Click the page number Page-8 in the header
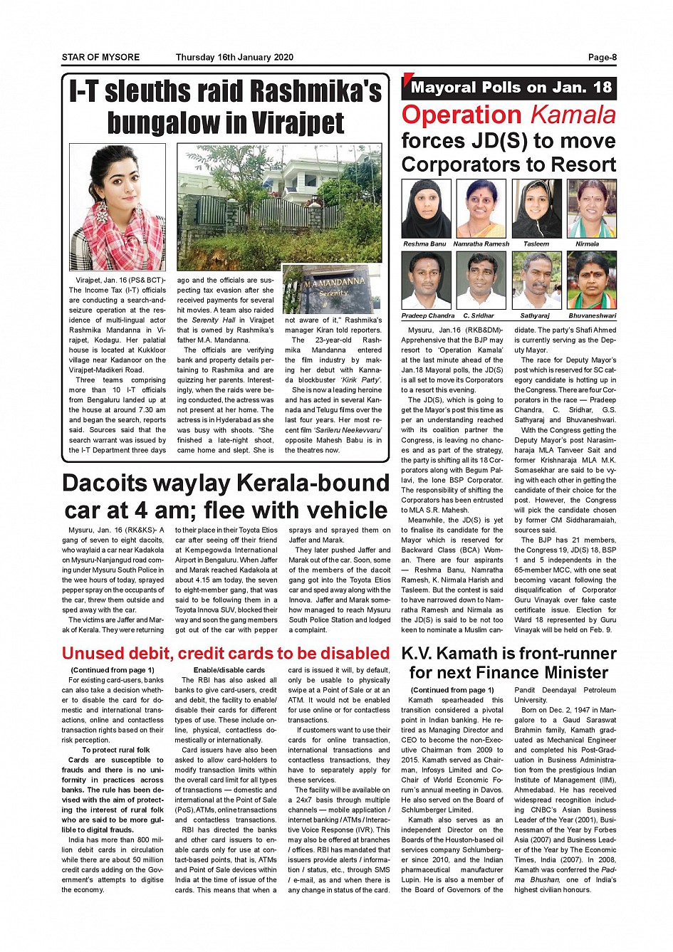(x=602, y=58)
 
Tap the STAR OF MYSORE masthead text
(x=100, y=58)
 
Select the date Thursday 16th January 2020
(x=234, y=58)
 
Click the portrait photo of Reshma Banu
(x=426, y=209)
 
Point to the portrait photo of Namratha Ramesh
(x=481, y=209)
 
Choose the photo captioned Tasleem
(x=536, y=209)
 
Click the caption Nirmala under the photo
(x=587, y=244)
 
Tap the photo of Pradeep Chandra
(x=426, y=280)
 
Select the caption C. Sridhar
(x=478, y=315)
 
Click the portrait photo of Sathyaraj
(x=536, y=280)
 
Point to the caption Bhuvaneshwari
(x=592, y=315)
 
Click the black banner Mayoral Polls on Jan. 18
(x=511, y=88)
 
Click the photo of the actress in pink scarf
(x=118, y=207)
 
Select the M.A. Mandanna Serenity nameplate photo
(x=331, y=290)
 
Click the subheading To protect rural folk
(x=116, y=750)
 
